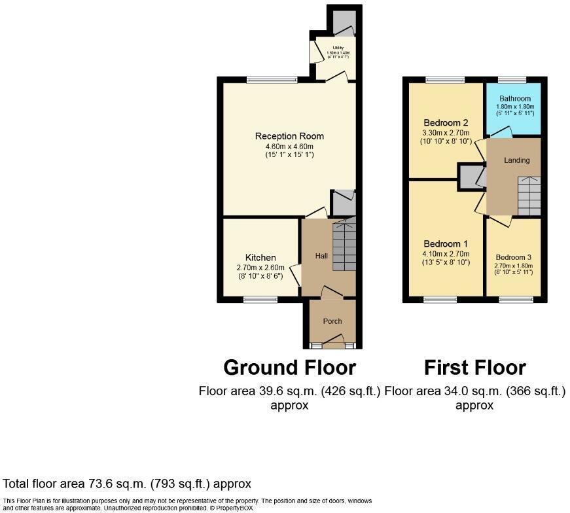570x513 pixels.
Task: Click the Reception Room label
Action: coord(289,136)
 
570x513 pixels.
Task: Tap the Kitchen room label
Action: coord(260,257)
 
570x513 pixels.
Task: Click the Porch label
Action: coord(332,321)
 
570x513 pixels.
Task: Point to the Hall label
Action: coord(321,256)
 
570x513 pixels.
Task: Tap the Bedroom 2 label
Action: coord(446,122)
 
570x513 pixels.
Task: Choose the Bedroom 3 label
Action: coord(514,256)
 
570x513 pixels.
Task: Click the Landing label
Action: coord(516,160)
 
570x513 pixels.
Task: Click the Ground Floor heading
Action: coord(289,367)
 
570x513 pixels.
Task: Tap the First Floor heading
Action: coord(474,367)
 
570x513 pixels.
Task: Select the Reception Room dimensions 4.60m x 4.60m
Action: coord(289,146)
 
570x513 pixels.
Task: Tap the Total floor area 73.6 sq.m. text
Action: coord(127,484)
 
